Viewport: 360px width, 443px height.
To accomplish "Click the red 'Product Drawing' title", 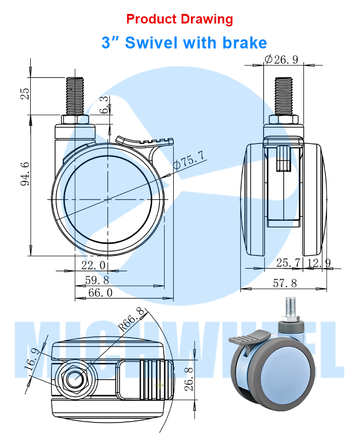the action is click(x=180, y=19).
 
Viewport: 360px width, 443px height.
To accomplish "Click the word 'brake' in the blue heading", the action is click(x=244, y=43).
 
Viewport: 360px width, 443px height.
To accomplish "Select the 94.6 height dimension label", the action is click(x=25, y=174).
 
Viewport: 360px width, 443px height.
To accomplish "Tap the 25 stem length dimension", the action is click(x=25, y=94).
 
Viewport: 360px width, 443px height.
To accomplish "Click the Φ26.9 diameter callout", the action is click(x=281, y=60).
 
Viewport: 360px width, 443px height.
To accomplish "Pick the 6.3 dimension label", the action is click(x=104, y=105).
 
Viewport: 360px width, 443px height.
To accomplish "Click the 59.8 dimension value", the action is click(x=97, y=280).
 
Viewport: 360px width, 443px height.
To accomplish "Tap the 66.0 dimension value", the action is click(x=100, y=293).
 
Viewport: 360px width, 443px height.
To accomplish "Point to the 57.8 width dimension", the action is click(x=285, y=283).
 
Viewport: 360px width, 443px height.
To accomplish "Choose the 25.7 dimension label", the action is click(x=288, y=263).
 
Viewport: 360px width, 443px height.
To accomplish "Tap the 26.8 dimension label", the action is click(x=189, y=379).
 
